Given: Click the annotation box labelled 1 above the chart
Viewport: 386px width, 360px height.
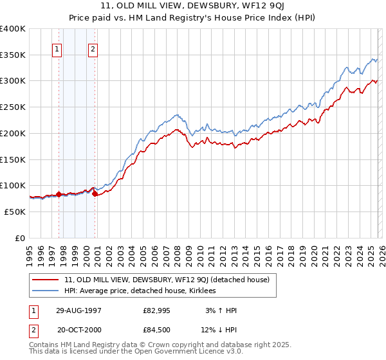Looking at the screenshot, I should pos(57,49).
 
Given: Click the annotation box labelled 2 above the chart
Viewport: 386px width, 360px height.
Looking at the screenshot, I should pos(93,49).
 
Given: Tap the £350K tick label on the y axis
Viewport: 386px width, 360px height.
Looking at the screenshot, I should pos(13,55).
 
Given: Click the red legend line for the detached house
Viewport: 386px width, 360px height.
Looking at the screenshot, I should pos(46,280).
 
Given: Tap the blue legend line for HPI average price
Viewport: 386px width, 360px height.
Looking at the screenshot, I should pos(46,291).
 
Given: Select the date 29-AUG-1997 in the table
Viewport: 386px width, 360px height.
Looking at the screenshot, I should pos(78,310).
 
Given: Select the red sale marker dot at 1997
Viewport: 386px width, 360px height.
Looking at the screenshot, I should pos(59,194).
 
